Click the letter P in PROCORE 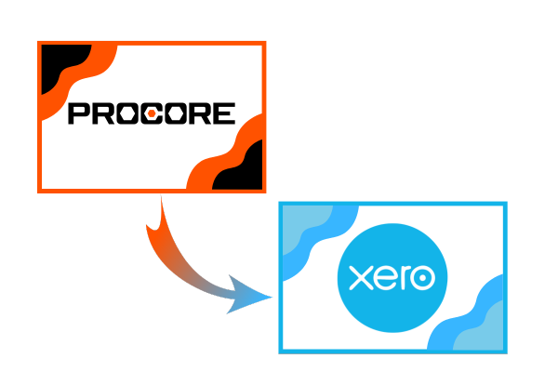(80, 113)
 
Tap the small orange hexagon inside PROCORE (152, 113)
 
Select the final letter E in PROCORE (224, 113)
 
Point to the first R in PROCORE (104, 113)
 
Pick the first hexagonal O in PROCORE (127, 113)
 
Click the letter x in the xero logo (361, 278)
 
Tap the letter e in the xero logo (384, 278)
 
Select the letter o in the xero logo (423, 278)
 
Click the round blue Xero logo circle (392, 278)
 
